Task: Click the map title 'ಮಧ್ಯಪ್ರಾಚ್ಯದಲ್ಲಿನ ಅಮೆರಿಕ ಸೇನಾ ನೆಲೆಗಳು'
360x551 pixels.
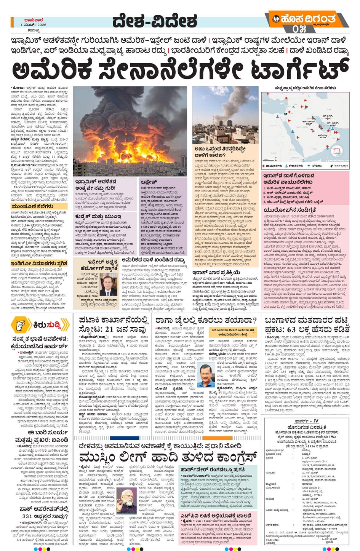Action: click(305, 88)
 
